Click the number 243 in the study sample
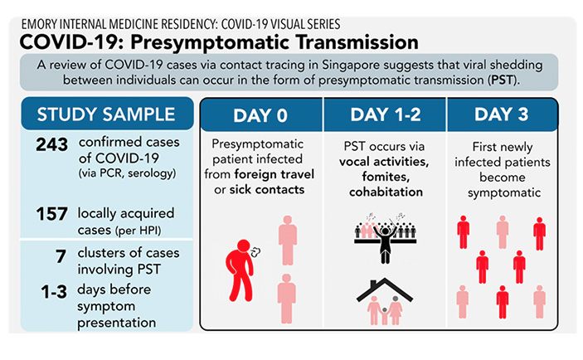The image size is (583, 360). [52, 144]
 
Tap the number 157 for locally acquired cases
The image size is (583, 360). [52, 214]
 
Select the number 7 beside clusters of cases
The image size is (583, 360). [61, 256]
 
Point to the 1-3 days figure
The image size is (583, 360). [54, 292]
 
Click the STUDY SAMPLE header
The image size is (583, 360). [106, 114]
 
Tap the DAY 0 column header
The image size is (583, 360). [260, 115]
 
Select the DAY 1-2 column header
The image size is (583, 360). [386, 114]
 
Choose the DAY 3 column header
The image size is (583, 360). [502, 114]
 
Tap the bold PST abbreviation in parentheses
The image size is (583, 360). [502, 80]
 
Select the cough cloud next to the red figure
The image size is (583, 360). [255, 252]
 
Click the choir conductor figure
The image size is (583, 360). [385, 241]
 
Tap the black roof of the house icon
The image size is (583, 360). [385, 289]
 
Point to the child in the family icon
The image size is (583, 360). [385, 316]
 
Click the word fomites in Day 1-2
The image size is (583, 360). [386, 177]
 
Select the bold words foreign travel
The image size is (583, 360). [274, 174]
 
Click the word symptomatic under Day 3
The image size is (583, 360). [504, 193]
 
